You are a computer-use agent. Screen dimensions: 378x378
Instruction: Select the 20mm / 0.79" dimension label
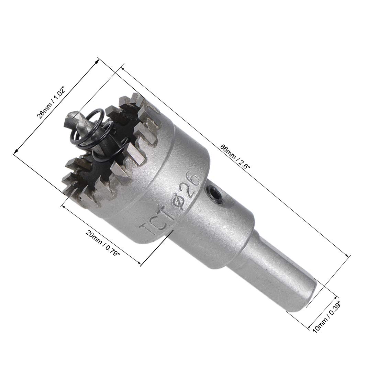pyautogui.click(x=102, y=245)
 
